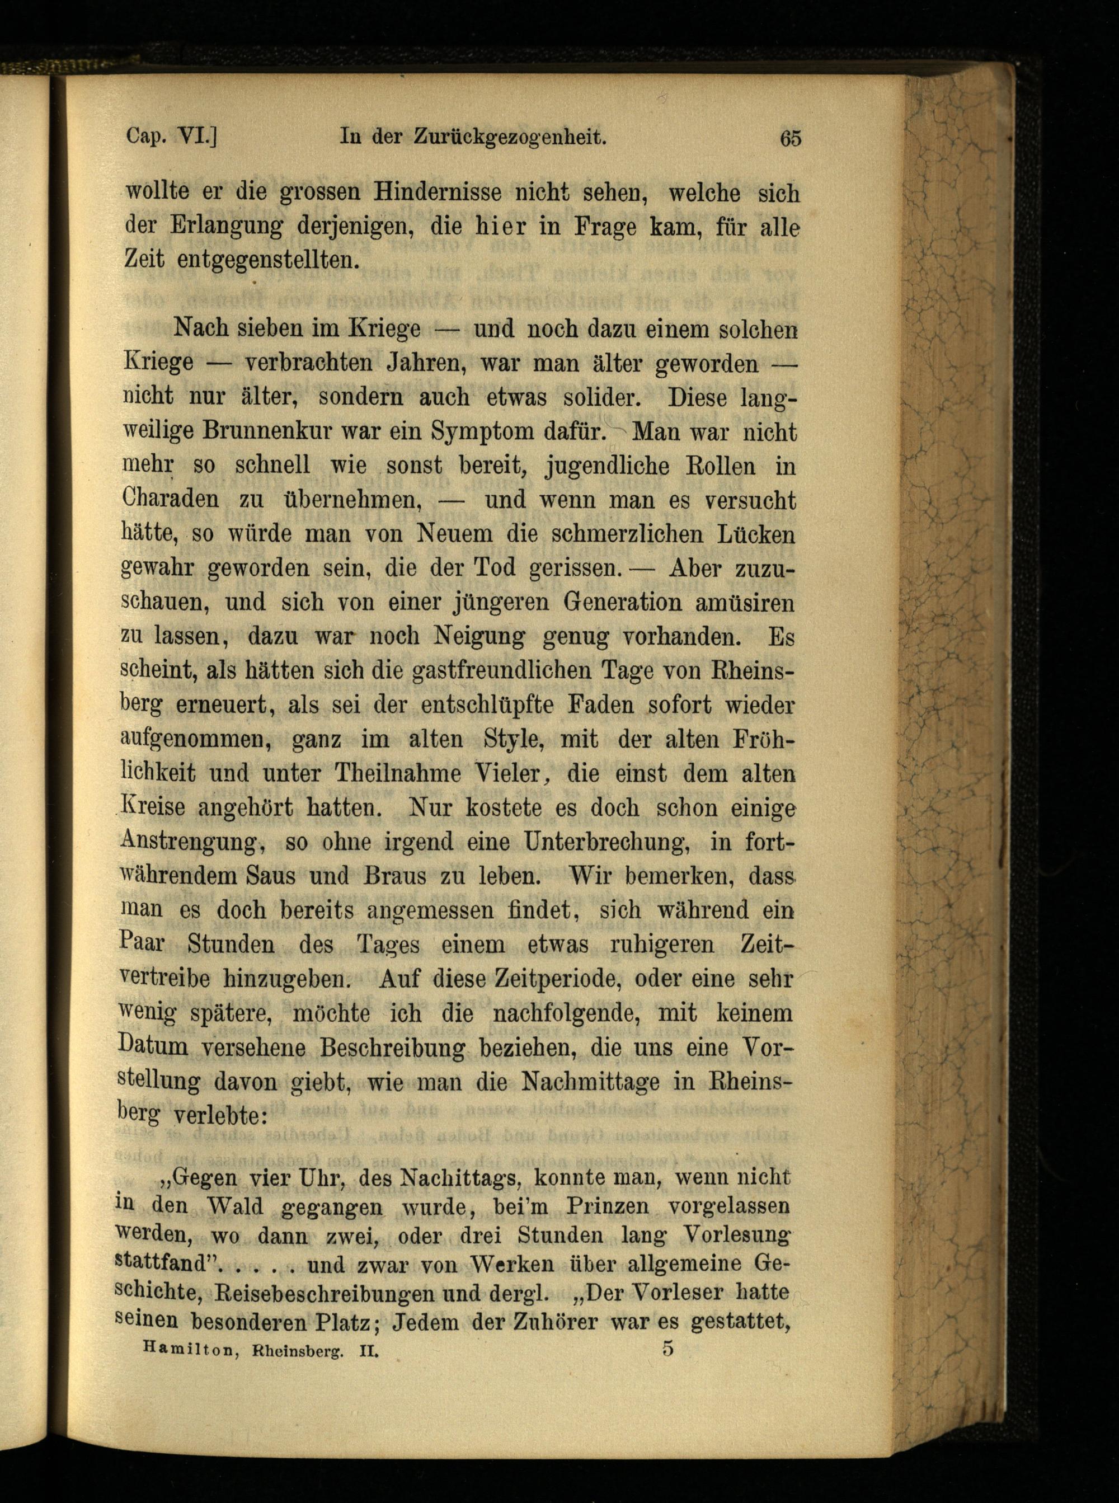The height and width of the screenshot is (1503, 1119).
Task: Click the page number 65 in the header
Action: tap(791, 138)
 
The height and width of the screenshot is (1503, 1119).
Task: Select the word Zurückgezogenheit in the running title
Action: tap(509, 138)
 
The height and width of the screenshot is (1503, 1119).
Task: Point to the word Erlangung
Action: tap(226, 227)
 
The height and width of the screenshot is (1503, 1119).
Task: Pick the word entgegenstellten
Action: tap(267, 260)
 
